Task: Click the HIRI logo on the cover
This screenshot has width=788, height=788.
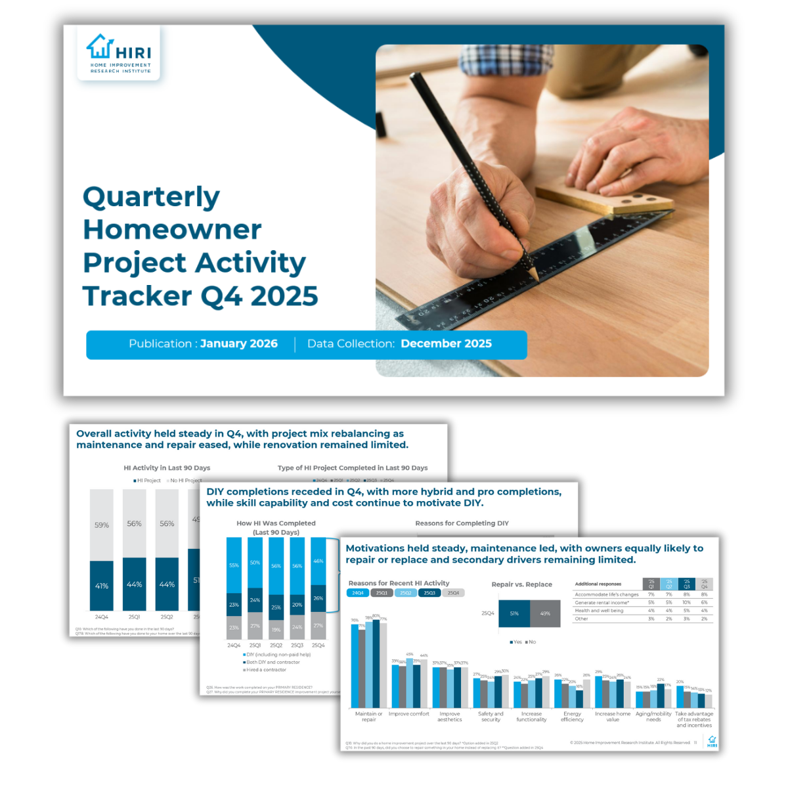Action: tap(119, 53)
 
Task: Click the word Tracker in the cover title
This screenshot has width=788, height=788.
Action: tap(136, 296)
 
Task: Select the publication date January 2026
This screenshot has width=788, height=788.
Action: tap(238, 343)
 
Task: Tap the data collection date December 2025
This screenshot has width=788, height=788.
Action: tap(446, 343)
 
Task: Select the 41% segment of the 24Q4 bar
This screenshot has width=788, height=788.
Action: tap(102, 586)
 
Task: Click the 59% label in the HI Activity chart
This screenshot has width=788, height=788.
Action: tap(102, 525)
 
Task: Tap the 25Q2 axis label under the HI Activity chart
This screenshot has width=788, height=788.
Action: tap(167, 617)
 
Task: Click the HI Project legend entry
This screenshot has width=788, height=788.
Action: tap(148, 481)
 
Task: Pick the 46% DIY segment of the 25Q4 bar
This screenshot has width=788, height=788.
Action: tap(318, 561)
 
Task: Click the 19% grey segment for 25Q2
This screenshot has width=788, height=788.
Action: tap(276, 630)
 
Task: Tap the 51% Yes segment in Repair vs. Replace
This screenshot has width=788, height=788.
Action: tap(514, 613)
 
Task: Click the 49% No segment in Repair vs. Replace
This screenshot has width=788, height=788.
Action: tap(545, 613)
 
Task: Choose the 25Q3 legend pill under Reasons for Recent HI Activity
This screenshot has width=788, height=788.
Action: tap(429, 593)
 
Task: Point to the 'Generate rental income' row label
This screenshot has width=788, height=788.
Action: tap(602, 602)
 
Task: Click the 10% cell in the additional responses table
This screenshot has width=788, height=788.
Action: tap(686, 602)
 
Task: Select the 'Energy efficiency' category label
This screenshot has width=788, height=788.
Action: tap(572, 716)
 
